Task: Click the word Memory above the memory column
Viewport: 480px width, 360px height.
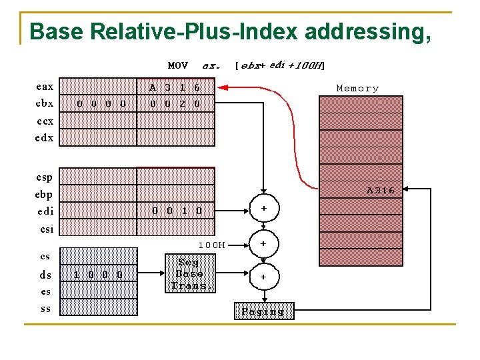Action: (x=357, y=88)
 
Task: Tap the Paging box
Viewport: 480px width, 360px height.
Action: (x=263, y=311)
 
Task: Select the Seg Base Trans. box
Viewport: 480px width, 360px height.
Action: (x=189, y=273)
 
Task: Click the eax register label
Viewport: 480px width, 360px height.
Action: (x=45, y=87)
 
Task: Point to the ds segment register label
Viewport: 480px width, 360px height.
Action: (x=45, y=274)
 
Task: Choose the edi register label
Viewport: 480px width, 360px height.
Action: (x=45, y=211)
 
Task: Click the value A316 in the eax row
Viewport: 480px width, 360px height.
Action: (x=175, y=87)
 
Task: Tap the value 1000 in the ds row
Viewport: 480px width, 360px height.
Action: (x=98, y=274)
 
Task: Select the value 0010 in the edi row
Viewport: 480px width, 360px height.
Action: (x=177, y=211)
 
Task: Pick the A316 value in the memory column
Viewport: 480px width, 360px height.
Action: (x=381, y=190)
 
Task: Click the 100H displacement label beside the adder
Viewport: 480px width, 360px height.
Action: (x=211, y=245)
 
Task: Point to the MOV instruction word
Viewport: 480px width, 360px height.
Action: (x=177, y=65)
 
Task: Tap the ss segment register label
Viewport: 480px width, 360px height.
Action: (x=45, y=309)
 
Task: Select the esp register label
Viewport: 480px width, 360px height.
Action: (x=45, y=177)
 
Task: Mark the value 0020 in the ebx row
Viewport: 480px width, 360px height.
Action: (x=175, y=103)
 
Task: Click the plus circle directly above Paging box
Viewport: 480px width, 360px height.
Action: (x=263, y=276)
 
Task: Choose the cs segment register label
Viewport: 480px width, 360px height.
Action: (x=45, y=256)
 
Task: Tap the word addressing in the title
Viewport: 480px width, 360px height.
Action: (x=363, y=31)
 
